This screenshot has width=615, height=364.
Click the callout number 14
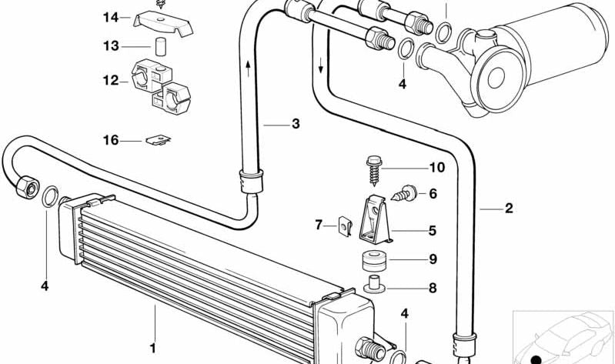111,17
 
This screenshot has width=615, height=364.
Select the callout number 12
111,80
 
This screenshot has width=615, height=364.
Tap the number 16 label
111,140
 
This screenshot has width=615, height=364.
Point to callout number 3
295,124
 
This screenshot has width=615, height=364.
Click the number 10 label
437,168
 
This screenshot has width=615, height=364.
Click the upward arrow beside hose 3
249,72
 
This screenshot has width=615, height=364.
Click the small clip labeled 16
159,140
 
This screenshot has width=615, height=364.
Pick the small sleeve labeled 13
162,45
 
